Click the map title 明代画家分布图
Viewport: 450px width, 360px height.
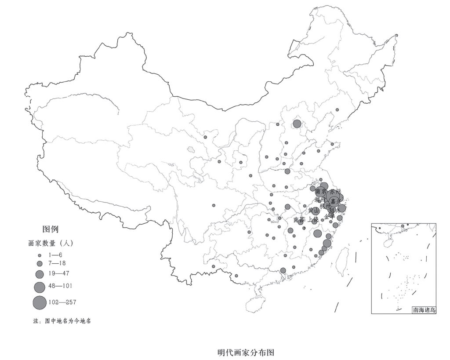(246, 353)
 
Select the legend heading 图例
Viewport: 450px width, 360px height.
(50, 229)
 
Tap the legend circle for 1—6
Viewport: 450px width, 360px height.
(39, 255)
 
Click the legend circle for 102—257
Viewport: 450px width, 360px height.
(39, 302)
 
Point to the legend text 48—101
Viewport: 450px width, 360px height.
(60, 286)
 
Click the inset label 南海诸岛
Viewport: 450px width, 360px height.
(424, 309)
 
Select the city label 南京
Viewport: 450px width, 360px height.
(321, 192)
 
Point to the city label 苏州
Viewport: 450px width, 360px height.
(335, 191)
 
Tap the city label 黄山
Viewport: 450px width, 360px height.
(314, 211)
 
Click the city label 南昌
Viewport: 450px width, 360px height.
(298, 219)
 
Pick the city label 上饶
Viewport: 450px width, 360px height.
(312, 219)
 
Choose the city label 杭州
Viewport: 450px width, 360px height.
(325, 206)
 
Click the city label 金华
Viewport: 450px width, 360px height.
(330, 216)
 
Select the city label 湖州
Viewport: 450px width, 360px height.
(320, 199)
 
